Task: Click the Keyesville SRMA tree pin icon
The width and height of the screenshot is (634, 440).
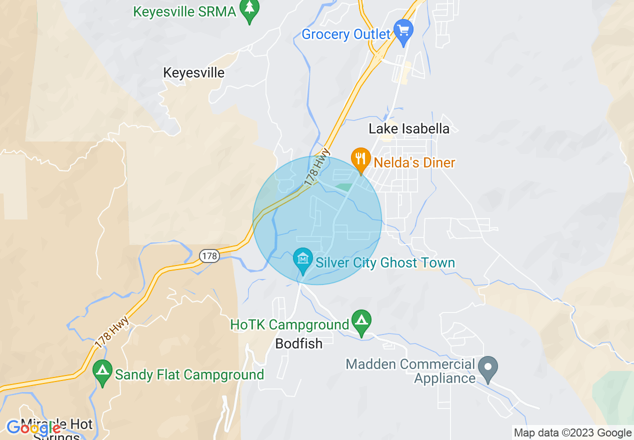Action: point(249,10)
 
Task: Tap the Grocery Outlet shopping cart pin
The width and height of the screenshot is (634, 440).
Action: point(403,31)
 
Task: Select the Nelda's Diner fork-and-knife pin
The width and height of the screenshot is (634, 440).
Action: point(360,159)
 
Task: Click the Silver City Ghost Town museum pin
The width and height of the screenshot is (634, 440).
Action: point(302,260)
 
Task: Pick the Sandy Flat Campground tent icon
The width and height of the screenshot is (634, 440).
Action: point(102,371)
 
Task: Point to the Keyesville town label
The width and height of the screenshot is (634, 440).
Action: point(193,73)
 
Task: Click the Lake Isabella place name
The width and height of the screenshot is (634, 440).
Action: point(409,128)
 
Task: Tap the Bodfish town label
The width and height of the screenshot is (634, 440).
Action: point(299,343)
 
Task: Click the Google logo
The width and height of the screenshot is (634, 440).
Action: point(33,428)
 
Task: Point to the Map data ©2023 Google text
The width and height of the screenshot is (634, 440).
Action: point(572,433)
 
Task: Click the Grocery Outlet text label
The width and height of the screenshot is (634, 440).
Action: point(345,34)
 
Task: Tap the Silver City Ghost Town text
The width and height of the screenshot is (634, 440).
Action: point(385,263)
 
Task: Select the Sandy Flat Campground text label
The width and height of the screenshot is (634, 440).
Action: point(189,374)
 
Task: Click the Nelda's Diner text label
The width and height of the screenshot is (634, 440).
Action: point(414,162)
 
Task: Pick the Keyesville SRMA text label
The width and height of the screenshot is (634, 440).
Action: point(184,11)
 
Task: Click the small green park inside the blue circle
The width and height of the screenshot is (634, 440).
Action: point(343,187)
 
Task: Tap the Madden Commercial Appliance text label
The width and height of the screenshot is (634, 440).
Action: point(410,371)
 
